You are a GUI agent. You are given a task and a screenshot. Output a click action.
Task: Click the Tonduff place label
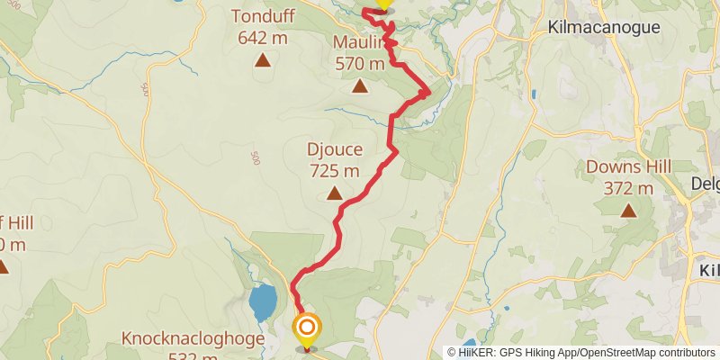(262, 17)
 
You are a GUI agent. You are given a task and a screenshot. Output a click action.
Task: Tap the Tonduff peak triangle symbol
(263, 60)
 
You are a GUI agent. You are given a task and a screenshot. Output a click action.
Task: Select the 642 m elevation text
(262, 38)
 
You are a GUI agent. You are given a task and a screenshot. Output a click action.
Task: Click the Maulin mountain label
(358, 43)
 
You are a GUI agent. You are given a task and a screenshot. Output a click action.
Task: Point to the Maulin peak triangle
(360, 86)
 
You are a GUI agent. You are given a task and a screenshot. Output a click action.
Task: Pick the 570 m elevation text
(359, 64)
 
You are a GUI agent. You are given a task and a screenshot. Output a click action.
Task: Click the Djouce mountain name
(334, 149)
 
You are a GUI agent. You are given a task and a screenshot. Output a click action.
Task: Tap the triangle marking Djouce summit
(335, 193)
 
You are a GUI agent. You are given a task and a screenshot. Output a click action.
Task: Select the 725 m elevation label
(334, 170)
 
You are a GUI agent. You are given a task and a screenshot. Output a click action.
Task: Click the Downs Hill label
(628, 167)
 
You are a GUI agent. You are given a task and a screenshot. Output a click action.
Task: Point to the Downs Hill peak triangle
(628, 210)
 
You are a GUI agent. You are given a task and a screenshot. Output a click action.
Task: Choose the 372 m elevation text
(628, 188)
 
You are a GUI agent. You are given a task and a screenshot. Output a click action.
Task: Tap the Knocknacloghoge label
(193, 339)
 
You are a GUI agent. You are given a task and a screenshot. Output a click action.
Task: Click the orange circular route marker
(307, 328)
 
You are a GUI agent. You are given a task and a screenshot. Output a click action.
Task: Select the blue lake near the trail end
(262, 303)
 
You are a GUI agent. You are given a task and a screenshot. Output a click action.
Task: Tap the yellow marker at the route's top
(382, 3)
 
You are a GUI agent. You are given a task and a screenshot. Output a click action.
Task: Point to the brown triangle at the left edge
(3, 266)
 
